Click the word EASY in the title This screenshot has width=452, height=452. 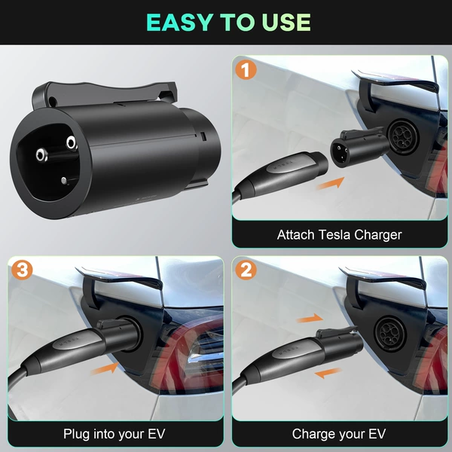(179, 22)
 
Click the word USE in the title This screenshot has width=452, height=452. (286, 22)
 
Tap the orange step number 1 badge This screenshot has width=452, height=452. (246, 69)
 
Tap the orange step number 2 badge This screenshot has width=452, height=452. (246, 270)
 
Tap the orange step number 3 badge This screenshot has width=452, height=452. (22, 270)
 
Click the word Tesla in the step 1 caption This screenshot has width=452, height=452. (334, 235)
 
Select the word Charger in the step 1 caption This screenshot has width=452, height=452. (378, 236)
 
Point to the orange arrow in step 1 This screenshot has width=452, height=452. (331, 183)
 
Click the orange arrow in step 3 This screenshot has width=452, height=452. (105, 368)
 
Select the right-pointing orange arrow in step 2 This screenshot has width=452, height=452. (310, 319)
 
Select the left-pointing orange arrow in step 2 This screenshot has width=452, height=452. (328, 373)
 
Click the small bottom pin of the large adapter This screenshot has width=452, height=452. (64, 181)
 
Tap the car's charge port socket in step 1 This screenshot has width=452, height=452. (403, 137)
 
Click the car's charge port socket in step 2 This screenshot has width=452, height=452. (390, 334)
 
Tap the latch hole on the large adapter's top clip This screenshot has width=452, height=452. (53, 101)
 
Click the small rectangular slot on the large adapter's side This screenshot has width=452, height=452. (203, 136)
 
